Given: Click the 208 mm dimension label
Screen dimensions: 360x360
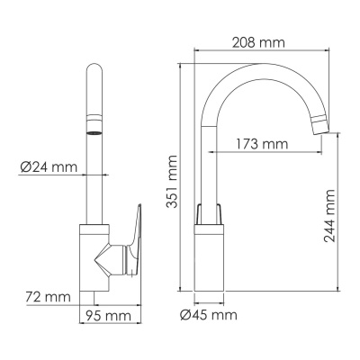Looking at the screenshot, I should tap(257, 41).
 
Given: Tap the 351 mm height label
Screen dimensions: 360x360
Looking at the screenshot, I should tap(171, 183).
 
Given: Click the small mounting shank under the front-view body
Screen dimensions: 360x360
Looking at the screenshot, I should tap(93, 298).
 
